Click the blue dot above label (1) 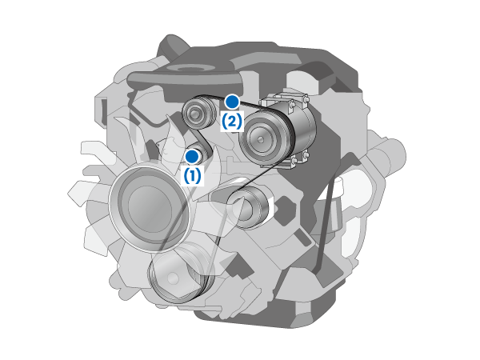click(x=192, y=157)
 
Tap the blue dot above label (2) click(x=232, y=102)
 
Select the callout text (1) click(x=192, y=176)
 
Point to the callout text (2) click(x=232, y=122)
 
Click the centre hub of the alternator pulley click(x=261, y=139)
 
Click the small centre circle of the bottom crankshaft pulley click(x=174, y=278)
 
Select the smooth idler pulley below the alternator click(x=249, y=207)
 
